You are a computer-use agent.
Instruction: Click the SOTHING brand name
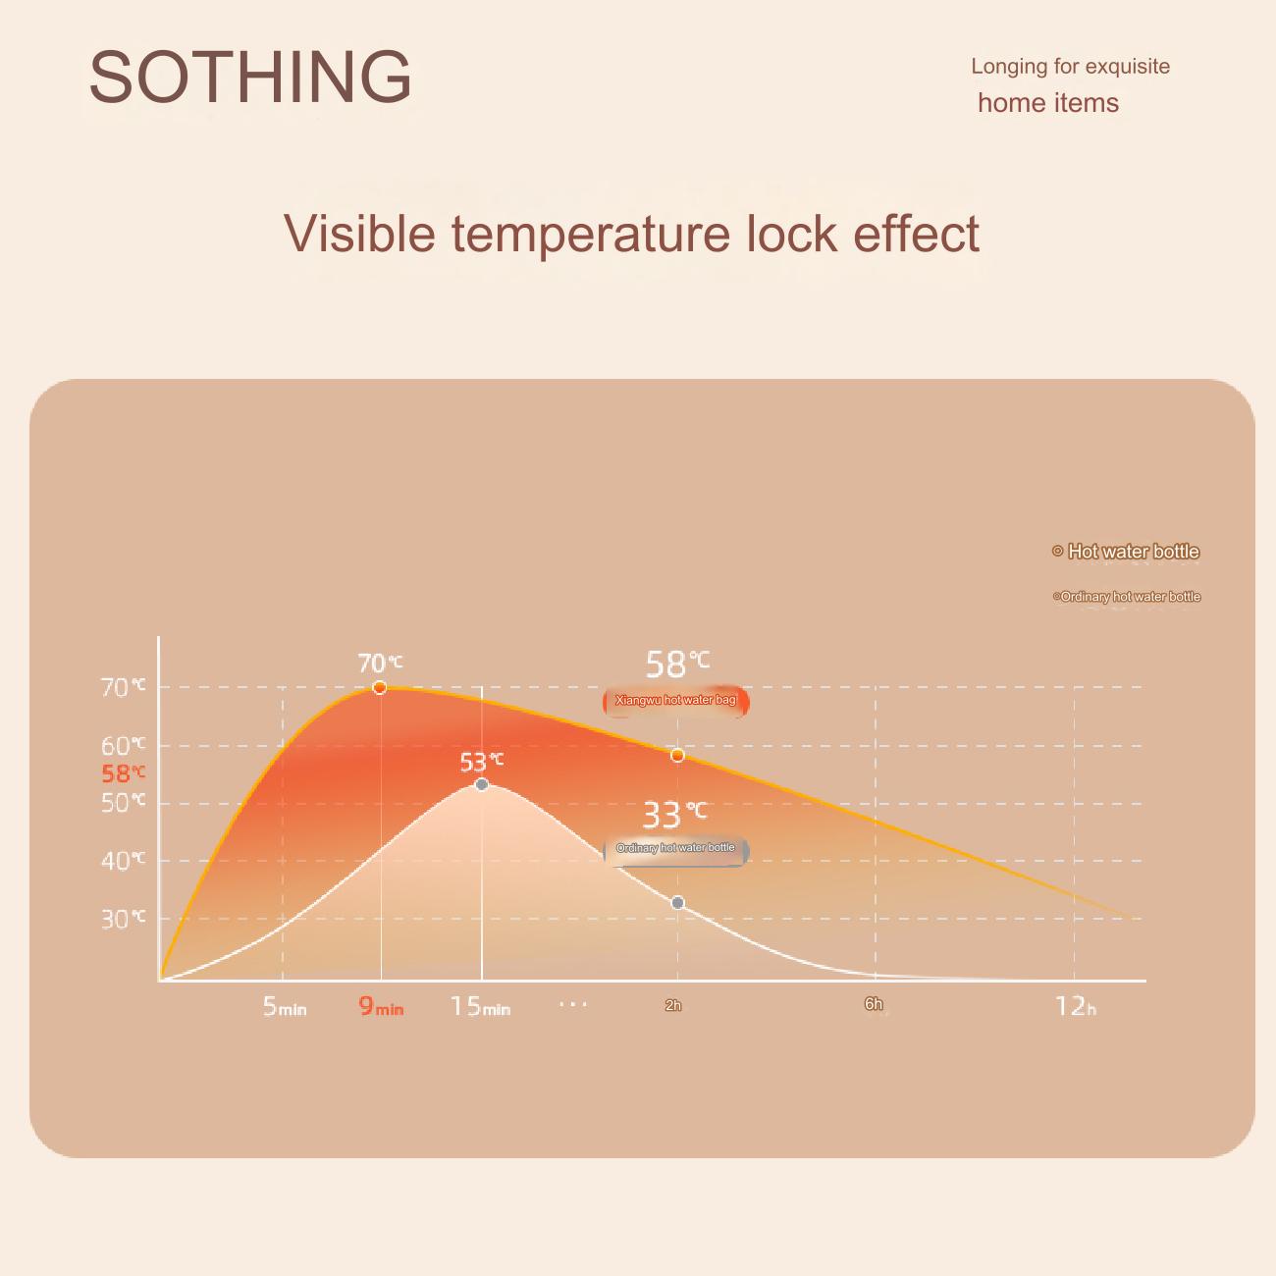[x=250, y=77]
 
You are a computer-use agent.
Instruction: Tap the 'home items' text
[x=1048, y=103]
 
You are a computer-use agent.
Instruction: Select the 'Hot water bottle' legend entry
[x=1126, y=551]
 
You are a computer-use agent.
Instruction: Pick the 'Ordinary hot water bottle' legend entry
[x=1127, y=596]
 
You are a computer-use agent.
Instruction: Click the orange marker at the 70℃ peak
[x=380, y=687]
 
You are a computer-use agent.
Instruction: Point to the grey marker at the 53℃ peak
[x=482, y=784]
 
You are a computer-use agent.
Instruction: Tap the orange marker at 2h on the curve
[x=677, y=755]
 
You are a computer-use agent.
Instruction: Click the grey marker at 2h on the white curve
[x=677, y=903]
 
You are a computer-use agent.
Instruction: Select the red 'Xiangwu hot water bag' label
[x=675, y=701]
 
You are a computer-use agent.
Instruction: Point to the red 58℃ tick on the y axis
[x=123, y=773]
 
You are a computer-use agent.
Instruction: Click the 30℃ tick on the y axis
[x=123, y=919]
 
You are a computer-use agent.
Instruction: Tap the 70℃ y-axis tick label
[x=123, y=687]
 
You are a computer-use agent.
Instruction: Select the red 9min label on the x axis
[x=381, y=1006]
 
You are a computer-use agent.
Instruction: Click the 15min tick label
[x=481, y=1006]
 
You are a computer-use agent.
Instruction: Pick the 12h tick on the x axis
[x=1076, y=1006]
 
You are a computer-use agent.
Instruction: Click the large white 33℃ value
[x=674, y=815]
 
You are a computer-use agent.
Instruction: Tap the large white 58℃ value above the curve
[x=677, y=665]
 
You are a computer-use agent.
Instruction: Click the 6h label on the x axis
[x=874, y=1004]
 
